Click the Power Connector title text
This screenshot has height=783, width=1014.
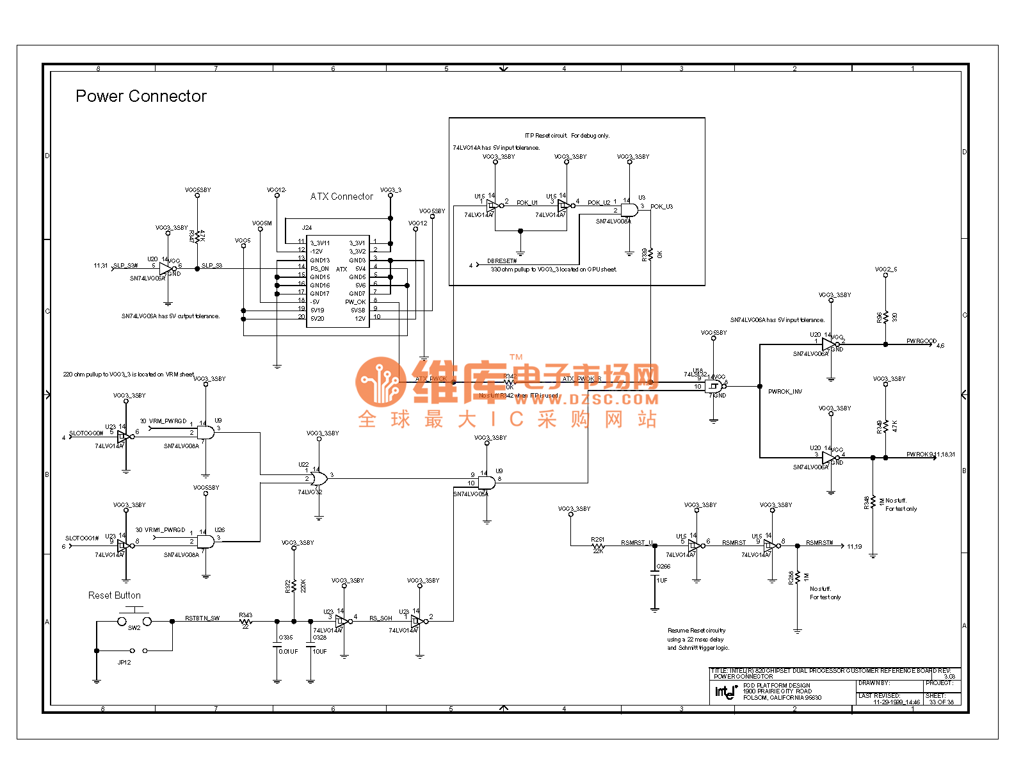(141, 96)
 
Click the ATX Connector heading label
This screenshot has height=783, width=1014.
(341, 197)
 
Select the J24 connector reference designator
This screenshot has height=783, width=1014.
(307, 227)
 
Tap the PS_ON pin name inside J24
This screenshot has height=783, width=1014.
(319, 269)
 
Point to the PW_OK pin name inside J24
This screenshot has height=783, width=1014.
(355, 302)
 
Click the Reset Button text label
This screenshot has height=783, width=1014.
(114, 595)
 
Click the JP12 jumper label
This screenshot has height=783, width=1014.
(124, 663)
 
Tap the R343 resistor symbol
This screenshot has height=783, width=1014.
(246, 621)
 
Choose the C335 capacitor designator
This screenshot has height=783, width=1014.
(286, 638)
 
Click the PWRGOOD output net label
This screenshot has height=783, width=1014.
(921, 341)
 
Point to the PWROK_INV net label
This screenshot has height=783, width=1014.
(785, 391)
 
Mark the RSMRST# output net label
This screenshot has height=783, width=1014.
(819, 543)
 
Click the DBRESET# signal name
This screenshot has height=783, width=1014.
(501, 261)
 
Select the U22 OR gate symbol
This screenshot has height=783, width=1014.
(319, 478)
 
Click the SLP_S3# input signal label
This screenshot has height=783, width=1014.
(125, 265)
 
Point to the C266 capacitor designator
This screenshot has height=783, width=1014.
(663, 567)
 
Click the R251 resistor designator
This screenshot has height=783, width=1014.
(597, 540)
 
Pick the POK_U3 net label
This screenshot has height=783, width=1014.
(661, 207)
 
